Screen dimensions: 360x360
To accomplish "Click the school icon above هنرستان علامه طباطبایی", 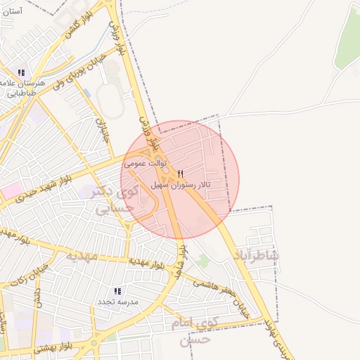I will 22,72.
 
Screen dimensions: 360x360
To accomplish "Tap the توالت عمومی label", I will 144,162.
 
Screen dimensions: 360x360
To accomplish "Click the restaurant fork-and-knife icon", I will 181,174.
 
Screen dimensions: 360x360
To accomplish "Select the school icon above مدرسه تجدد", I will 117,290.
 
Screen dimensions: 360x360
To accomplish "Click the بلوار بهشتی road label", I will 56,347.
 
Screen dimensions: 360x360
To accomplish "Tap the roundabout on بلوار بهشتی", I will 94,344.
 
